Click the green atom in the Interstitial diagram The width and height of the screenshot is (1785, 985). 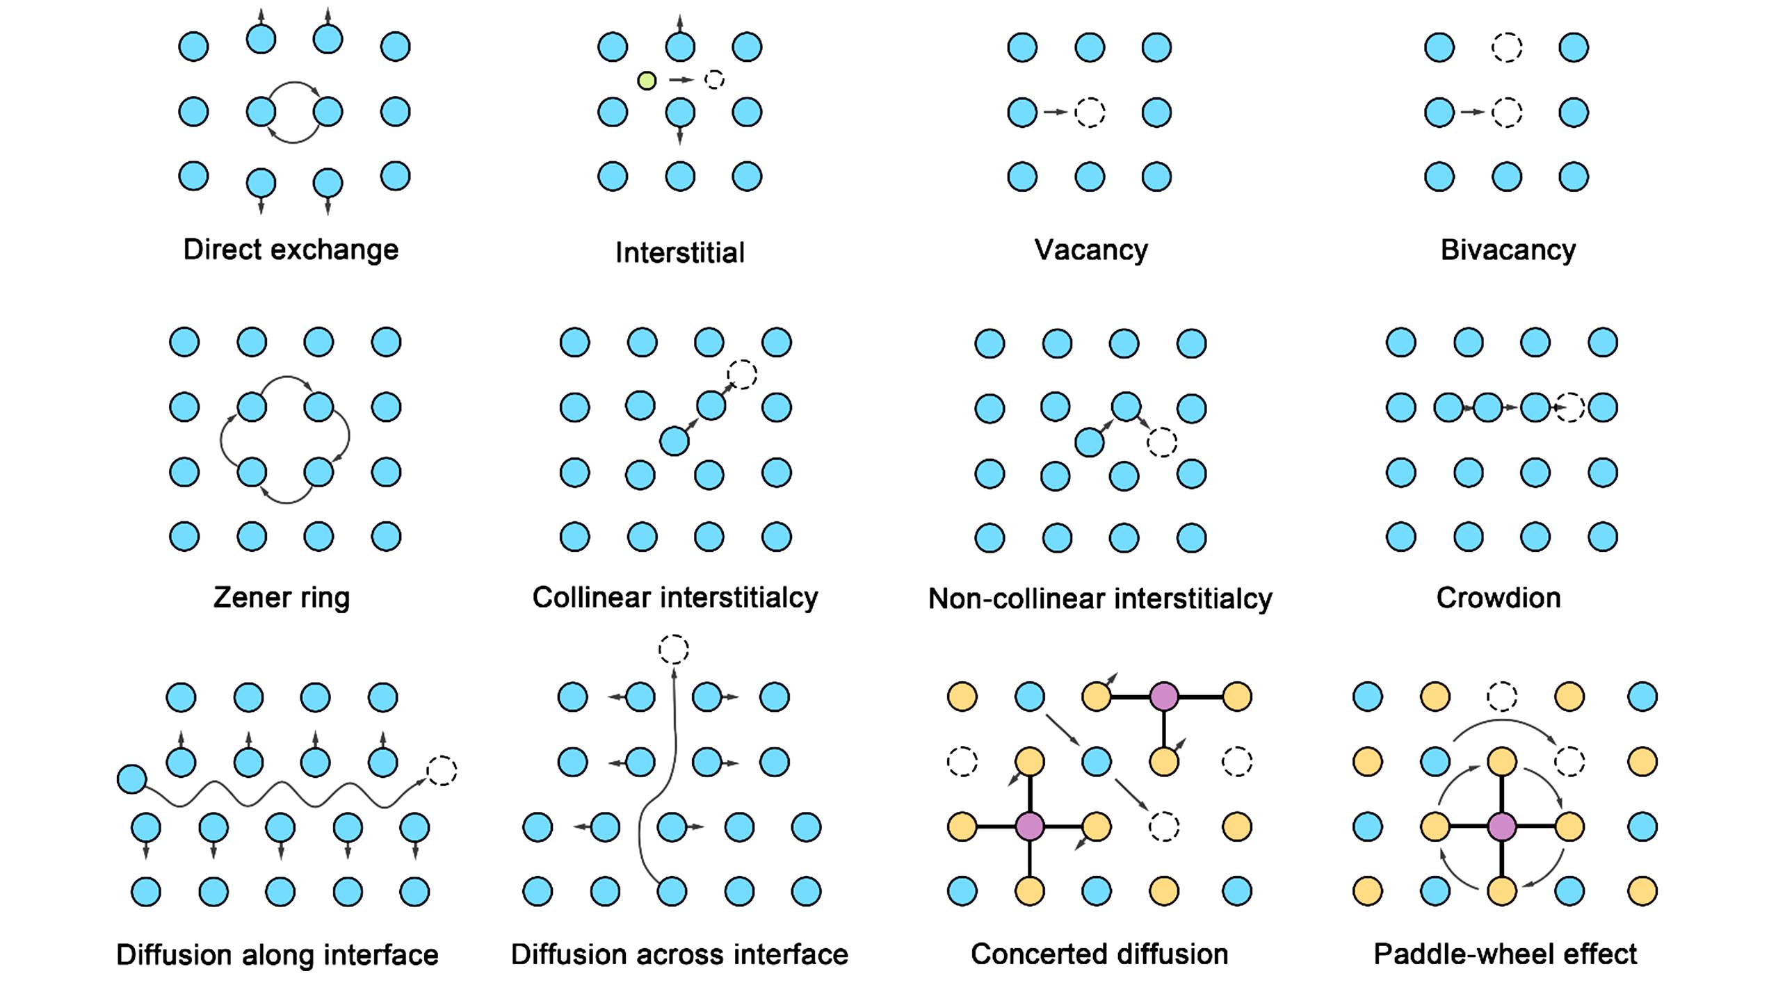point(647,81)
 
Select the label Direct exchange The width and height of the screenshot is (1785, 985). point(291,250)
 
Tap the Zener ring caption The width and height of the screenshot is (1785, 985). point(281,597)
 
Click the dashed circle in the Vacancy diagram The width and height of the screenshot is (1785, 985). point(1090,112)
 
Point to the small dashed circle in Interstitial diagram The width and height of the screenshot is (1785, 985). point(714,80)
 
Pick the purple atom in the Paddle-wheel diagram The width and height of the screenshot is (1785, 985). point(1502,827)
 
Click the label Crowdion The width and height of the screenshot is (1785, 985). point(1499,597)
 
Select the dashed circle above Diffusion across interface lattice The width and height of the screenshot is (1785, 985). point(673,649)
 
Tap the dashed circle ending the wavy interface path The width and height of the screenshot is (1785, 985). point(442,770)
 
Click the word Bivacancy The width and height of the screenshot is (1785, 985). point(1508,250)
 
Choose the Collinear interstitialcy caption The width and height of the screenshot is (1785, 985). point(675,597)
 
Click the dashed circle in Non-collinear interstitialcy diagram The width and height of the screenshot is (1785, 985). point(1161,441)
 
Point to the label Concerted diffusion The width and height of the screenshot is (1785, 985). point(1099,954)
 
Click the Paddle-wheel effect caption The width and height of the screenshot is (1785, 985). point(1505,954)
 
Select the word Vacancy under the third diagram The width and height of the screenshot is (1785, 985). point(1090,250)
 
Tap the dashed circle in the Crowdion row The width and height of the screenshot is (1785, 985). point(1570,407)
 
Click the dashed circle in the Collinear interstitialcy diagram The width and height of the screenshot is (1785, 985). point(742,374)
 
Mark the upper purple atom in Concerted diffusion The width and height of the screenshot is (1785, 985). point(1164,697)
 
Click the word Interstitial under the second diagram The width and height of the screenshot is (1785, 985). point(679,252)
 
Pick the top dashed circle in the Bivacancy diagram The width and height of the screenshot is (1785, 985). point(1507,47)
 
